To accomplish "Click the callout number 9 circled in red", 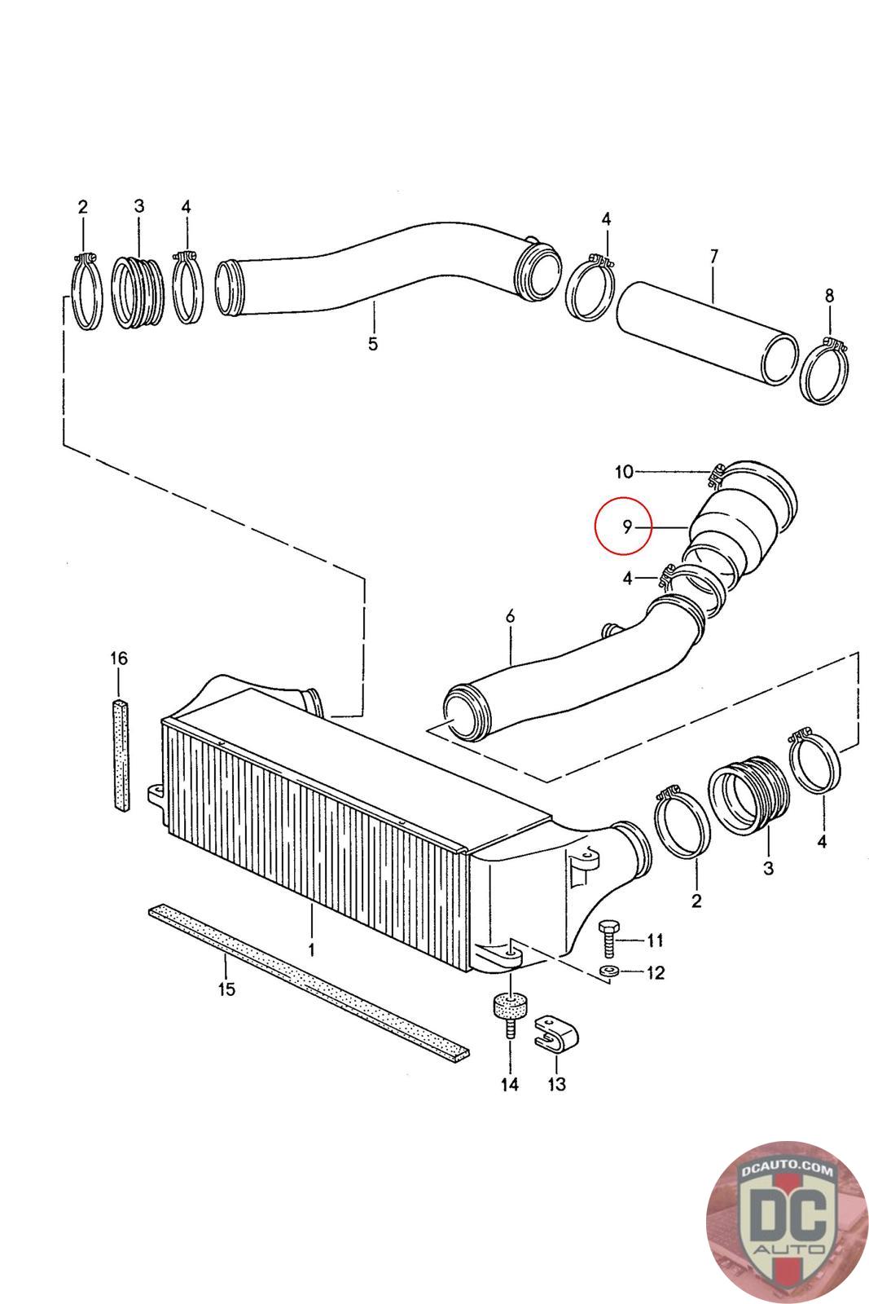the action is click(x=626, y=526).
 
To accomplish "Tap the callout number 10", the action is click(x=624, y=472).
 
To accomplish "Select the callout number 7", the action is click(x=714, y=256).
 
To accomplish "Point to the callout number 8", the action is click(x=829, y=296).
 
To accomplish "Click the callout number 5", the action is click(x=373, y=343).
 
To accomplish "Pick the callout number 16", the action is click(x=119, y=659).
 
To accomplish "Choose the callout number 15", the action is click(x=226, y=989).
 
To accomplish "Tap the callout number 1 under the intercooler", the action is click(x=311, y=950).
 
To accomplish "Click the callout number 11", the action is click(x=655, y=941).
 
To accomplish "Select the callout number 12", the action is click(x=656, y=973).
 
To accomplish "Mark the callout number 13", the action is click(x=556, y=1084).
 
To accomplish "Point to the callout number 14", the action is click(x=510, y=1084).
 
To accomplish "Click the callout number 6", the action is click(x=510, y=616).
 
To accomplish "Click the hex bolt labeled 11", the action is click(x=608, y=938).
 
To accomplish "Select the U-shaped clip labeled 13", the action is click(x=556, y=1034).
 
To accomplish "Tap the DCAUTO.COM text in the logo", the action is click(x=787, y=1170).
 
